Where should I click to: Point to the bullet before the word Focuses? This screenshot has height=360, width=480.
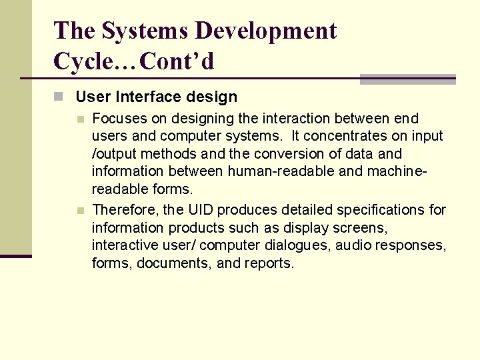pos(79,119)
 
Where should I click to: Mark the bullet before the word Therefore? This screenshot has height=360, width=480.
pos(79,211)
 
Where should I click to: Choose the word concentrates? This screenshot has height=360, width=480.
pos(354,136)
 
